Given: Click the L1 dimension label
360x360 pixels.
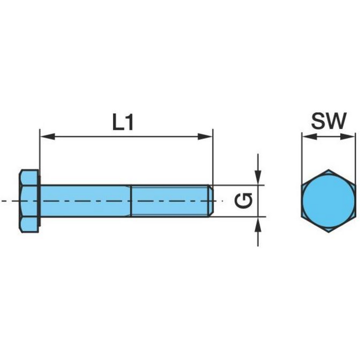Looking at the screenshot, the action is (123, 122).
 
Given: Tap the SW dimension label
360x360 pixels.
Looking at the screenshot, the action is (328, 121).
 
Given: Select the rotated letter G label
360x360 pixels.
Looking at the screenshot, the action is (244, 201).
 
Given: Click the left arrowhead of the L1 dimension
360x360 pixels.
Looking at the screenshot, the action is (48, 136).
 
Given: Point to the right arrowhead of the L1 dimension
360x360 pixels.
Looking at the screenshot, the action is (205, 136).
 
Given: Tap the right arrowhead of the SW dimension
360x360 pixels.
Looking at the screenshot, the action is (347, 137).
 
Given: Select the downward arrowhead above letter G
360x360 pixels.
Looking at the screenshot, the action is (258, 177).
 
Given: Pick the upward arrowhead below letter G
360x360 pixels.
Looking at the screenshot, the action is (258, 224).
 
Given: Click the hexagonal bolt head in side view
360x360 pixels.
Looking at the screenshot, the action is (29, 201).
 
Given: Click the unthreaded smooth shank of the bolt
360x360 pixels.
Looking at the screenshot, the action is (85, 201).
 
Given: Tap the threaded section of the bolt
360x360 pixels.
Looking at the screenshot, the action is (170, 201).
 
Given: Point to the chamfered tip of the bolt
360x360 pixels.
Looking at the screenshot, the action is (211, 201).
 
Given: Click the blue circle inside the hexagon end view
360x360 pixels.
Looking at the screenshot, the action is (328, 201).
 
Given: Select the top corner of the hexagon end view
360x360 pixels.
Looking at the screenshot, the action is (328, 170).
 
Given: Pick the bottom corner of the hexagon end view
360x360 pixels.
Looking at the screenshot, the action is (328, 232).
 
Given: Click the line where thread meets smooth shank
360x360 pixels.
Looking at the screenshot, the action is (131, 201).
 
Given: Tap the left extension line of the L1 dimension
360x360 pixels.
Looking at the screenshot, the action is (40, 157).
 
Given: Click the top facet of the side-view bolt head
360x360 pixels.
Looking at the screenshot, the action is (29, 178).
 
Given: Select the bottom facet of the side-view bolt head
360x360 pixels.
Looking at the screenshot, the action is (29, 225).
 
